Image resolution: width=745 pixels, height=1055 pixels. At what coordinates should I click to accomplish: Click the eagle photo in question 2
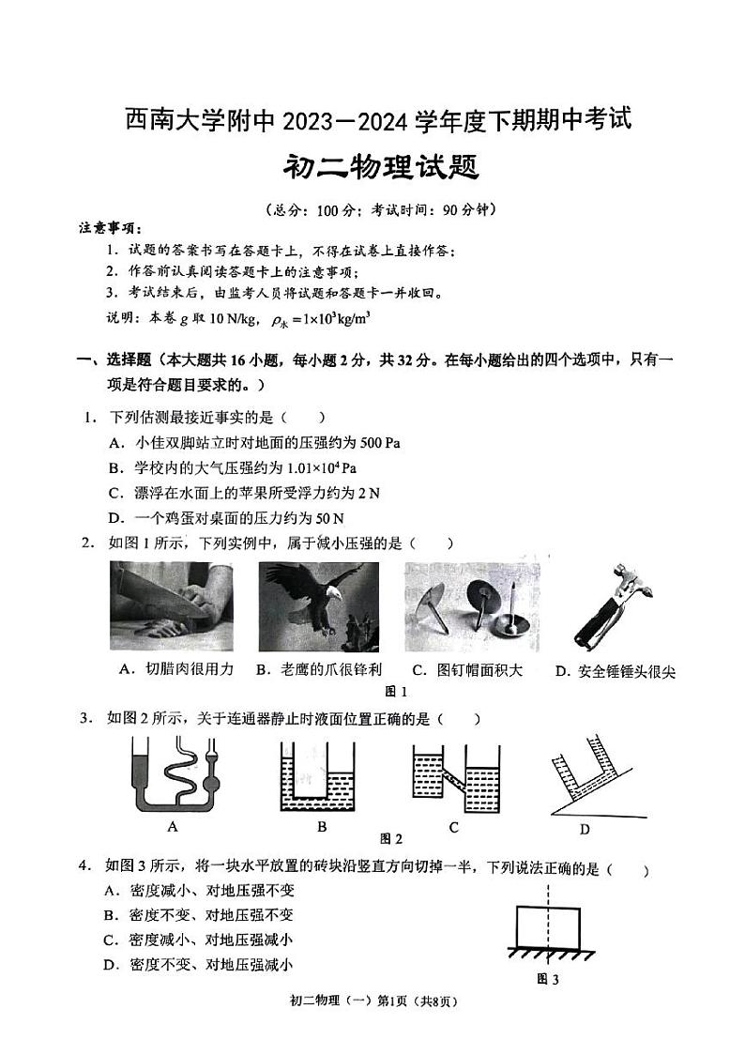pos(319,607)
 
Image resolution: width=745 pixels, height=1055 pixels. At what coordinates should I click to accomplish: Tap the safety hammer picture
pos(611,608)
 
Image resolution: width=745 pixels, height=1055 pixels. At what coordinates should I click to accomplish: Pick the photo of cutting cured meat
pos(172,607)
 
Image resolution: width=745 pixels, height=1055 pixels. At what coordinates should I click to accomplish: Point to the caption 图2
pos(390,838)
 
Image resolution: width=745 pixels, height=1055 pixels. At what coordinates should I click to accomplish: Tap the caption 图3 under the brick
pos(547,979)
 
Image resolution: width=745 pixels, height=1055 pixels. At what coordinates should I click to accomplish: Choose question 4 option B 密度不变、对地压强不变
pos(210,915)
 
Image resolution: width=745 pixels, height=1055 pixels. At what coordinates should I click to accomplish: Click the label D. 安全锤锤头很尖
pos(615,670)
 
